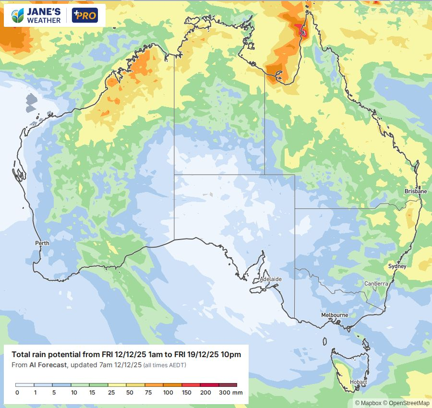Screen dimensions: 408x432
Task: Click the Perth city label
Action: (42, 243)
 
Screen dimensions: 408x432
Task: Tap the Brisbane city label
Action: (415, 191)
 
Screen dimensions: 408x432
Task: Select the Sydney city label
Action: (397, 266)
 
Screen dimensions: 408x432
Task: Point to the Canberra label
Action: (376, 284)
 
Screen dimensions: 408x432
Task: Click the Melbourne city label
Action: (335, 315)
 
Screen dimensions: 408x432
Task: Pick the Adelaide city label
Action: (271, 279)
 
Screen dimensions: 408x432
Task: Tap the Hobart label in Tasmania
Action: (358, 382)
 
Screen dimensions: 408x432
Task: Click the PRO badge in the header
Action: (84, 16)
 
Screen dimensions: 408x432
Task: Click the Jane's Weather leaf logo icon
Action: (18, 16)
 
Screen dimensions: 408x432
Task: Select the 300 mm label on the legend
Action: (231, 393)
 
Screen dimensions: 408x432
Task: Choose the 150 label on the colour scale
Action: (186, 393)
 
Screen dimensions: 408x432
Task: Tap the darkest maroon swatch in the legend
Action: (228, 385)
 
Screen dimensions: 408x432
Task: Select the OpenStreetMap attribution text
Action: (409, 403)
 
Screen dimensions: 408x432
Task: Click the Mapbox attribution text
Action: (370, 403)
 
